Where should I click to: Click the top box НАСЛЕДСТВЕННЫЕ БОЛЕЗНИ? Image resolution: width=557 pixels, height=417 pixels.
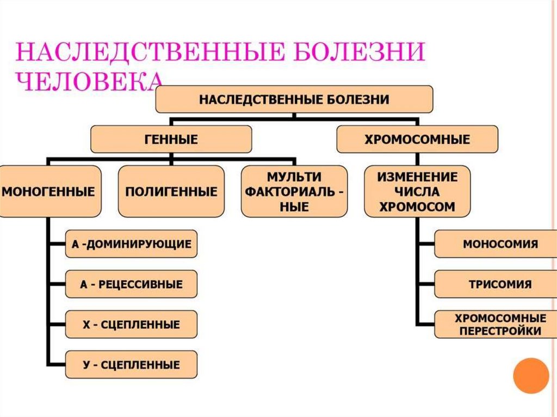(294, 99)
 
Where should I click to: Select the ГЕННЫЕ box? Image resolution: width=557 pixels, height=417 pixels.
(171, 139)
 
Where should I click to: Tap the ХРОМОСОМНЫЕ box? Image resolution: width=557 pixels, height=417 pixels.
(417, 139)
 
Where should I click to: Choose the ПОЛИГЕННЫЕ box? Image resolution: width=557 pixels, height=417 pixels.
(171, 191)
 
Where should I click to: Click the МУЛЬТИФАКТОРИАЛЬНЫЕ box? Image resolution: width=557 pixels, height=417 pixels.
(294, 191)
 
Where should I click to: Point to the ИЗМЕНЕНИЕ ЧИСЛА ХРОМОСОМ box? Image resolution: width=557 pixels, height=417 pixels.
(417, 191)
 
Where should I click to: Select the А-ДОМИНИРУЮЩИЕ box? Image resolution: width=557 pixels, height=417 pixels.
(131, 244)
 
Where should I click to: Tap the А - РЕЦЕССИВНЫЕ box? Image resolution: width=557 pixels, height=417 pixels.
(131, 284)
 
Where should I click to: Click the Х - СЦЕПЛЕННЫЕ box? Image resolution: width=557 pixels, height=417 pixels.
(131, 325)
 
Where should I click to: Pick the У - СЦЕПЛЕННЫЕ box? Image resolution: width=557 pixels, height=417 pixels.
(131, 364)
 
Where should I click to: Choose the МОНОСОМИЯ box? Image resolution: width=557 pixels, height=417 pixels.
(500, 244)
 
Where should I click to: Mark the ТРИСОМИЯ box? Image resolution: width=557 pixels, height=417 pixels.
(500, 284)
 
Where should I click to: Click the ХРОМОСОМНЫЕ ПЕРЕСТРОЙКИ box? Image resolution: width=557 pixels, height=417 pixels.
(500, 324)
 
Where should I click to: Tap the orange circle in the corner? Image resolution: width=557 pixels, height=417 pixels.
(531, 375)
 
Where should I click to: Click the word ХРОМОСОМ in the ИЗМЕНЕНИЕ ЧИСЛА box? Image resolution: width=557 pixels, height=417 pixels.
(417, 207)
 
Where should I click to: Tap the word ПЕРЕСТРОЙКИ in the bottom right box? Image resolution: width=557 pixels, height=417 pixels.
(500, 331)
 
